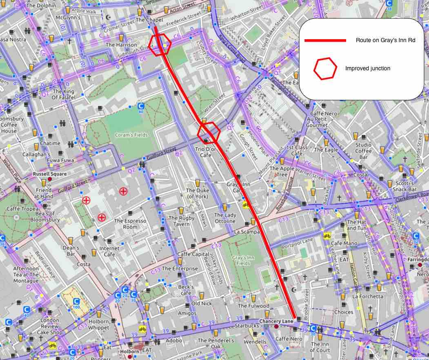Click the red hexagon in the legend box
(325, 68)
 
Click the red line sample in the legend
(325, 40)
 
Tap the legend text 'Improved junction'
(367, 68)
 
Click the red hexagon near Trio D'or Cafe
(209, 132)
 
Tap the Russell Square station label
(49, 174)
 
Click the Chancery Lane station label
(276, 322)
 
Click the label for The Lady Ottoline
(225, 218)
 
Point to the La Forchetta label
(367, 296)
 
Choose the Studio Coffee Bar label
(363, 151)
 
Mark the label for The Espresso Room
(130, 224)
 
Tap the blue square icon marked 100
(76, 303)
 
